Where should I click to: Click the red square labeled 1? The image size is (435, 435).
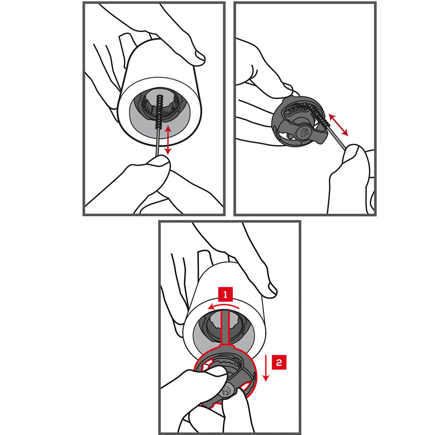point(225,294)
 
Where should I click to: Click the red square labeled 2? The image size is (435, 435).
point(279,362)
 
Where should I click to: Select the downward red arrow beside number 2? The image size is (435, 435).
point(266,368)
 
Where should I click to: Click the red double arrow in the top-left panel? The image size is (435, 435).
point(167,140)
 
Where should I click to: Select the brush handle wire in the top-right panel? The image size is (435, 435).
point(337,137)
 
